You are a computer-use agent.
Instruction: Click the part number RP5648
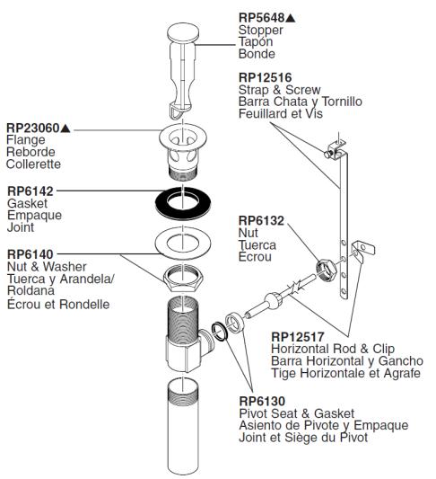pyautogui.click(x=261, y=17)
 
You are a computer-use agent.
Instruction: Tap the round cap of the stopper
pyautogui.click(x=183, y=32)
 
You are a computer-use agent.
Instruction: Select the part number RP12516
pyautogui.click(x=266, y=77)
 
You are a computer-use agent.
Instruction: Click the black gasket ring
pyautogui.click(x=183, y=203)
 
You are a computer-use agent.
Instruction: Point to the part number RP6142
pyautogui.click(x=31, y=191)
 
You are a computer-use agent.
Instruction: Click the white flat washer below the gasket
pyautogui.click(x=183, y=244)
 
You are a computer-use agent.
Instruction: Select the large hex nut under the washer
pyautogui.click(x=183, y=278)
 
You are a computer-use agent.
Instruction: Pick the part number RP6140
pyautogui.click(x=31, y=254)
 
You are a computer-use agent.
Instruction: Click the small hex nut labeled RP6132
pyautogui.click(x=327, y=270)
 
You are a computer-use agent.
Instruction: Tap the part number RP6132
pyautogui.click(x=261, y=220)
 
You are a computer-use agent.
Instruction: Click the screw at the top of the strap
pyautogui.click(x=328, y=154)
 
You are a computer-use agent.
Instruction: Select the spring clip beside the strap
pyautogui.click(x=362, y=251)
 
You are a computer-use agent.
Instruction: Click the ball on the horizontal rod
pyautogui.click(x=274, y=301)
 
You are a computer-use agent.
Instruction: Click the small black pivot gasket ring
pyautogui.click(x=220, y=332)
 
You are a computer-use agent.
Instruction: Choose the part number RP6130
pyautogui.click(x=262, y=401)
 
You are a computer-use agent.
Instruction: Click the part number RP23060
pyautogui.click(x=33, y=128)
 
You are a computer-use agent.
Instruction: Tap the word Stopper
pyautogui.click(x=261, y=30)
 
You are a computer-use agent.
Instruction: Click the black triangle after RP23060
pyautogui.click(x=65, y=129)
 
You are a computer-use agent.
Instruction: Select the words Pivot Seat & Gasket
pyautogui.click(x=297, y=413)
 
